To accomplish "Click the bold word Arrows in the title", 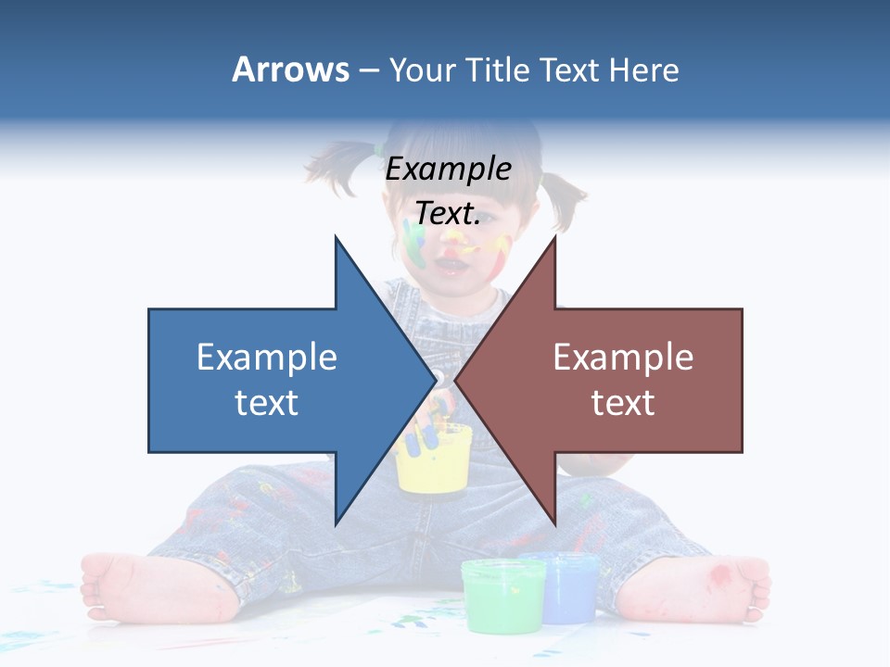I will coord(290,69).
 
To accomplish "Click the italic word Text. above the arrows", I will coord(448,214).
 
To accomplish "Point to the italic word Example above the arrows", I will coord(448,170).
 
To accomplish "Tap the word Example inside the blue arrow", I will coord(267,358).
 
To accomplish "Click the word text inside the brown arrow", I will coord(623,403).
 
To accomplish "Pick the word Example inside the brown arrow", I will coord(623,358).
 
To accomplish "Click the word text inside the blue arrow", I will coord(267,403).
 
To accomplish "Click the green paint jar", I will coord(502,593).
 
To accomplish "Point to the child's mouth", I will coord(454,266).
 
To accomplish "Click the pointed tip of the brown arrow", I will coord(455,380).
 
